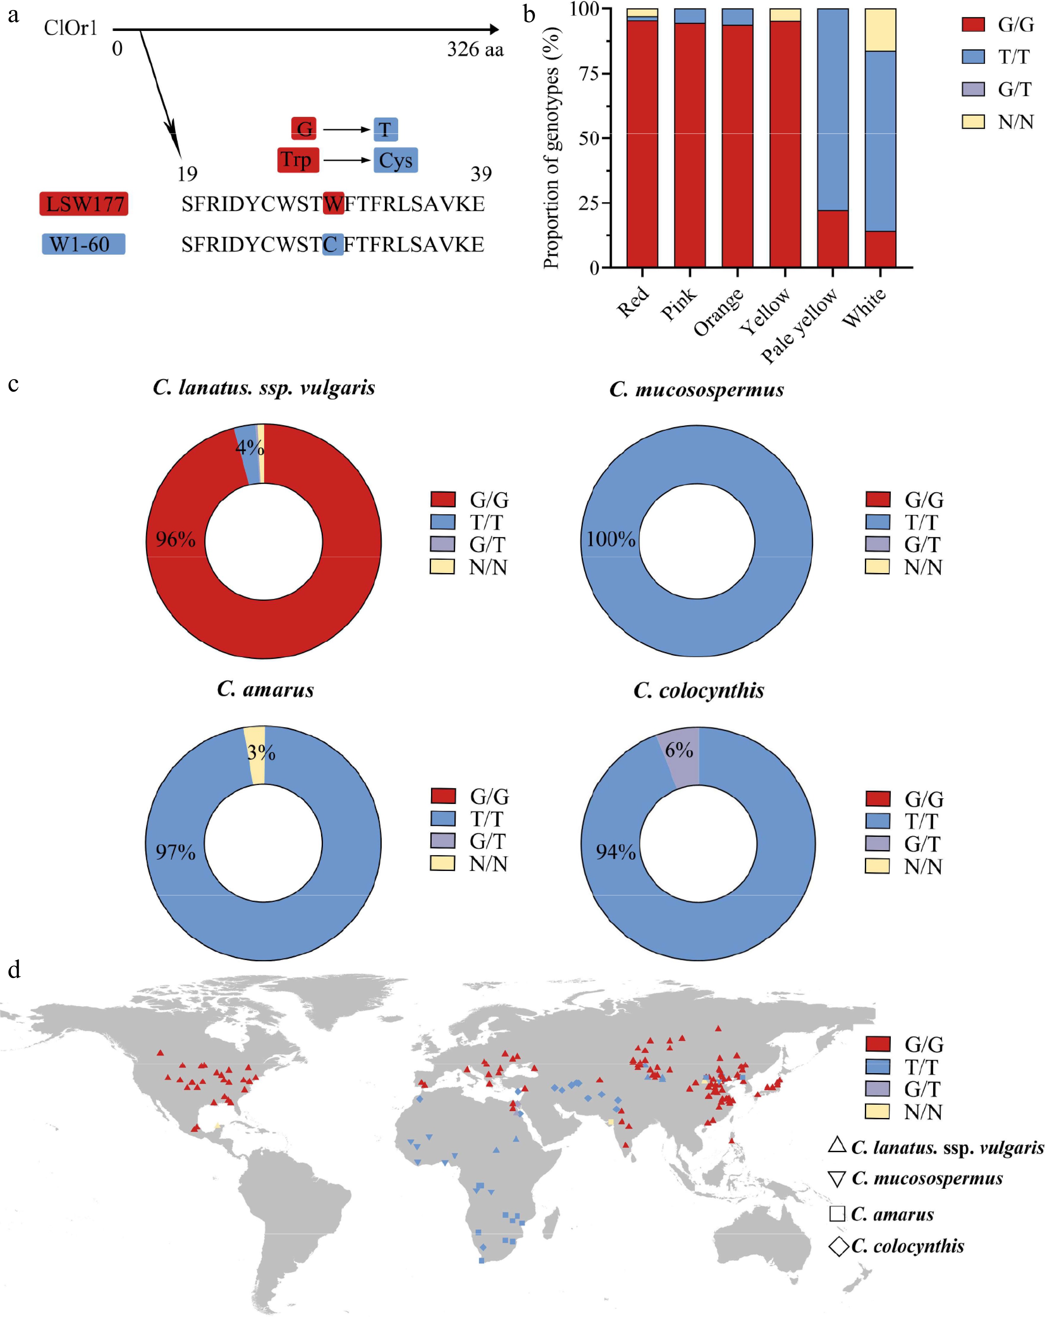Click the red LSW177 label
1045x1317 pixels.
click(x=84, y=203)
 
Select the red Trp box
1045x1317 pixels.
click(x=298, y=160)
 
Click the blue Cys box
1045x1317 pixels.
click(x=395, y=160)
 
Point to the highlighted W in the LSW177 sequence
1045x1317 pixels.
click(x=333, y=203)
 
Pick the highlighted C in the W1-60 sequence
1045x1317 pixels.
click(x=332, y=244)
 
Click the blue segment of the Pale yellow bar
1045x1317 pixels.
click(x=832, y=110)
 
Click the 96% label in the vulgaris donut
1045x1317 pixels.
click(x=175, y=539)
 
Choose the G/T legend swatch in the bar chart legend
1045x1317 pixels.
click(x=973, y=89)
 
